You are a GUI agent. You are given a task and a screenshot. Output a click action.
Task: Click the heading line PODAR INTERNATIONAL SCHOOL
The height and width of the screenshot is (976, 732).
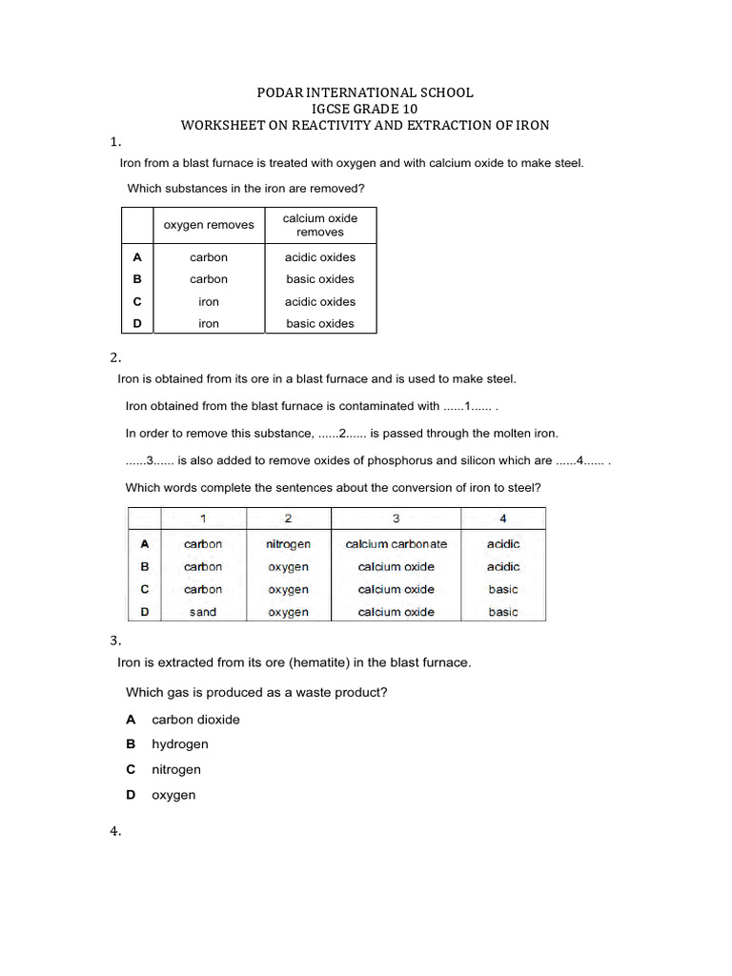click(365, 92)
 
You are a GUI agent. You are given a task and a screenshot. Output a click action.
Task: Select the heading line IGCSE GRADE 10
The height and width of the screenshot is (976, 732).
click(365, 109)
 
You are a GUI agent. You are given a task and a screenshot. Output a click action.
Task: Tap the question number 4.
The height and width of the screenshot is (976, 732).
click(115, 832)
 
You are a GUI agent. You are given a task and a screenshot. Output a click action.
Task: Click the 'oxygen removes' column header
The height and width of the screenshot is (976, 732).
click(209, 225)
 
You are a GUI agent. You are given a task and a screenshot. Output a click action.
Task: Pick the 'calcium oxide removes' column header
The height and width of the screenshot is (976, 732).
click(320, 225)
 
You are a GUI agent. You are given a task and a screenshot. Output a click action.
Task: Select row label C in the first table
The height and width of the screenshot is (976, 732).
click(137, 301)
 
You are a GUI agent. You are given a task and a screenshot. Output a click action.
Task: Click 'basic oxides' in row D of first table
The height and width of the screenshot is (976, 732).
click(320, 323)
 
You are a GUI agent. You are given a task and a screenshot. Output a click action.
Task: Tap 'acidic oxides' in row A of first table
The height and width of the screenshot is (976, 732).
click(320, 257)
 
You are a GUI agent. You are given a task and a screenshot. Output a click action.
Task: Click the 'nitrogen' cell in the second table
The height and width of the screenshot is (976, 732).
click(289, 544)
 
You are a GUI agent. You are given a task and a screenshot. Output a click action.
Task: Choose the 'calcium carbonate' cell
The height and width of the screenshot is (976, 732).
click(396, 544)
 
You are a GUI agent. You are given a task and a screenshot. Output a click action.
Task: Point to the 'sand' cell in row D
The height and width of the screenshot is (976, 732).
click(203, 612)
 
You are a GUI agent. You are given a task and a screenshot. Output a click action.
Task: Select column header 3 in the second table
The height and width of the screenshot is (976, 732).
click(396, 518)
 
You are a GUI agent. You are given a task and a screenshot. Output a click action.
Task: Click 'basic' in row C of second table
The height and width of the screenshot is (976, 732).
click(503, 589)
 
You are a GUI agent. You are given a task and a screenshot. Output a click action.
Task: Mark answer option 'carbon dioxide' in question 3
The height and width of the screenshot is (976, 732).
click(195, 720)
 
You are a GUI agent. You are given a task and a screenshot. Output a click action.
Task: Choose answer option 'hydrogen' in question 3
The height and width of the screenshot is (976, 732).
click(180, 744)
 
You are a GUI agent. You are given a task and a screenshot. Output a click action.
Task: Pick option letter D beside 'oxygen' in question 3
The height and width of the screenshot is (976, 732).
click(132, 795)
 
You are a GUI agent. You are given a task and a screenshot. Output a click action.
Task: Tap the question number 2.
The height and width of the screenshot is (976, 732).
click(115, 357)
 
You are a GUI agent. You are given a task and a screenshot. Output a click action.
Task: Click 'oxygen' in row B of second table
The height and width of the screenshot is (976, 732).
click(289, 567)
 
